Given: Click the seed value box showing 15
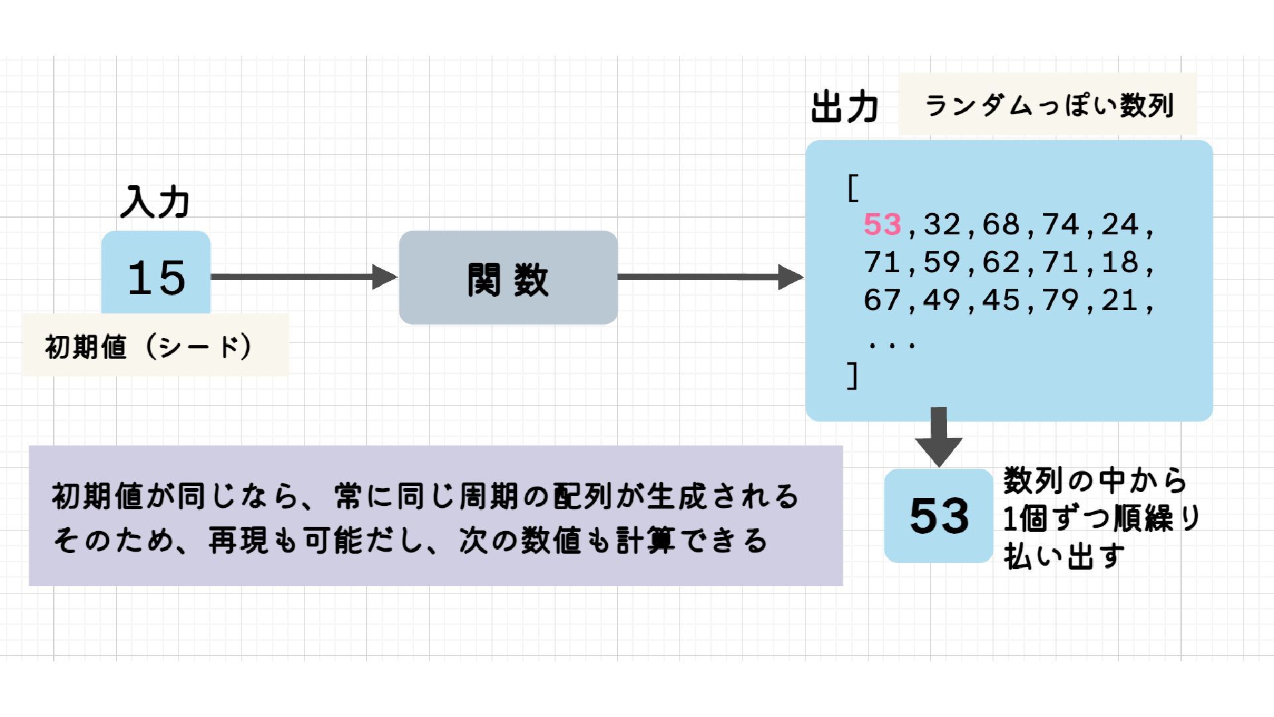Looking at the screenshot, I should click(156, 276).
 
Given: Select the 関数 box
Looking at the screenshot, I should click(508, 278).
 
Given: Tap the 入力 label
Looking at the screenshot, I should click(155, 202).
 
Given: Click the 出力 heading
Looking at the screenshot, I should click(845, 108).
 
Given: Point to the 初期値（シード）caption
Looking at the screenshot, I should click(149, 346).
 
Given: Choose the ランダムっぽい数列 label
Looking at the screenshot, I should click(1048, 106).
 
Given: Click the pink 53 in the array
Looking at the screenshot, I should click(882, 225).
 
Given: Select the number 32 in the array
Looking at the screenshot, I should click(942, 225).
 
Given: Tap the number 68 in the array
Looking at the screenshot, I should click(1001, 225).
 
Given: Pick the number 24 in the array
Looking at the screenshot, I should click(1121, 225).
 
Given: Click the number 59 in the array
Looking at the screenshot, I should click(942, 263).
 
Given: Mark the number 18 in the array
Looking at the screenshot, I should click(1121, 263).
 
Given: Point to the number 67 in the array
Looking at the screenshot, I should click(882, 301).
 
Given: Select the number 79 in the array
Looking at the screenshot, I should click(1061, 301).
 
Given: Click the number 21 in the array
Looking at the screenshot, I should click(1121, 301).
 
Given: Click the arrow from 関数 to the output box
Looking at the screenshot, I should click(710, 277).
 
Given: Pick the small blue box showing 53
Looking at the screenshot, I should click(938, 516).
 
